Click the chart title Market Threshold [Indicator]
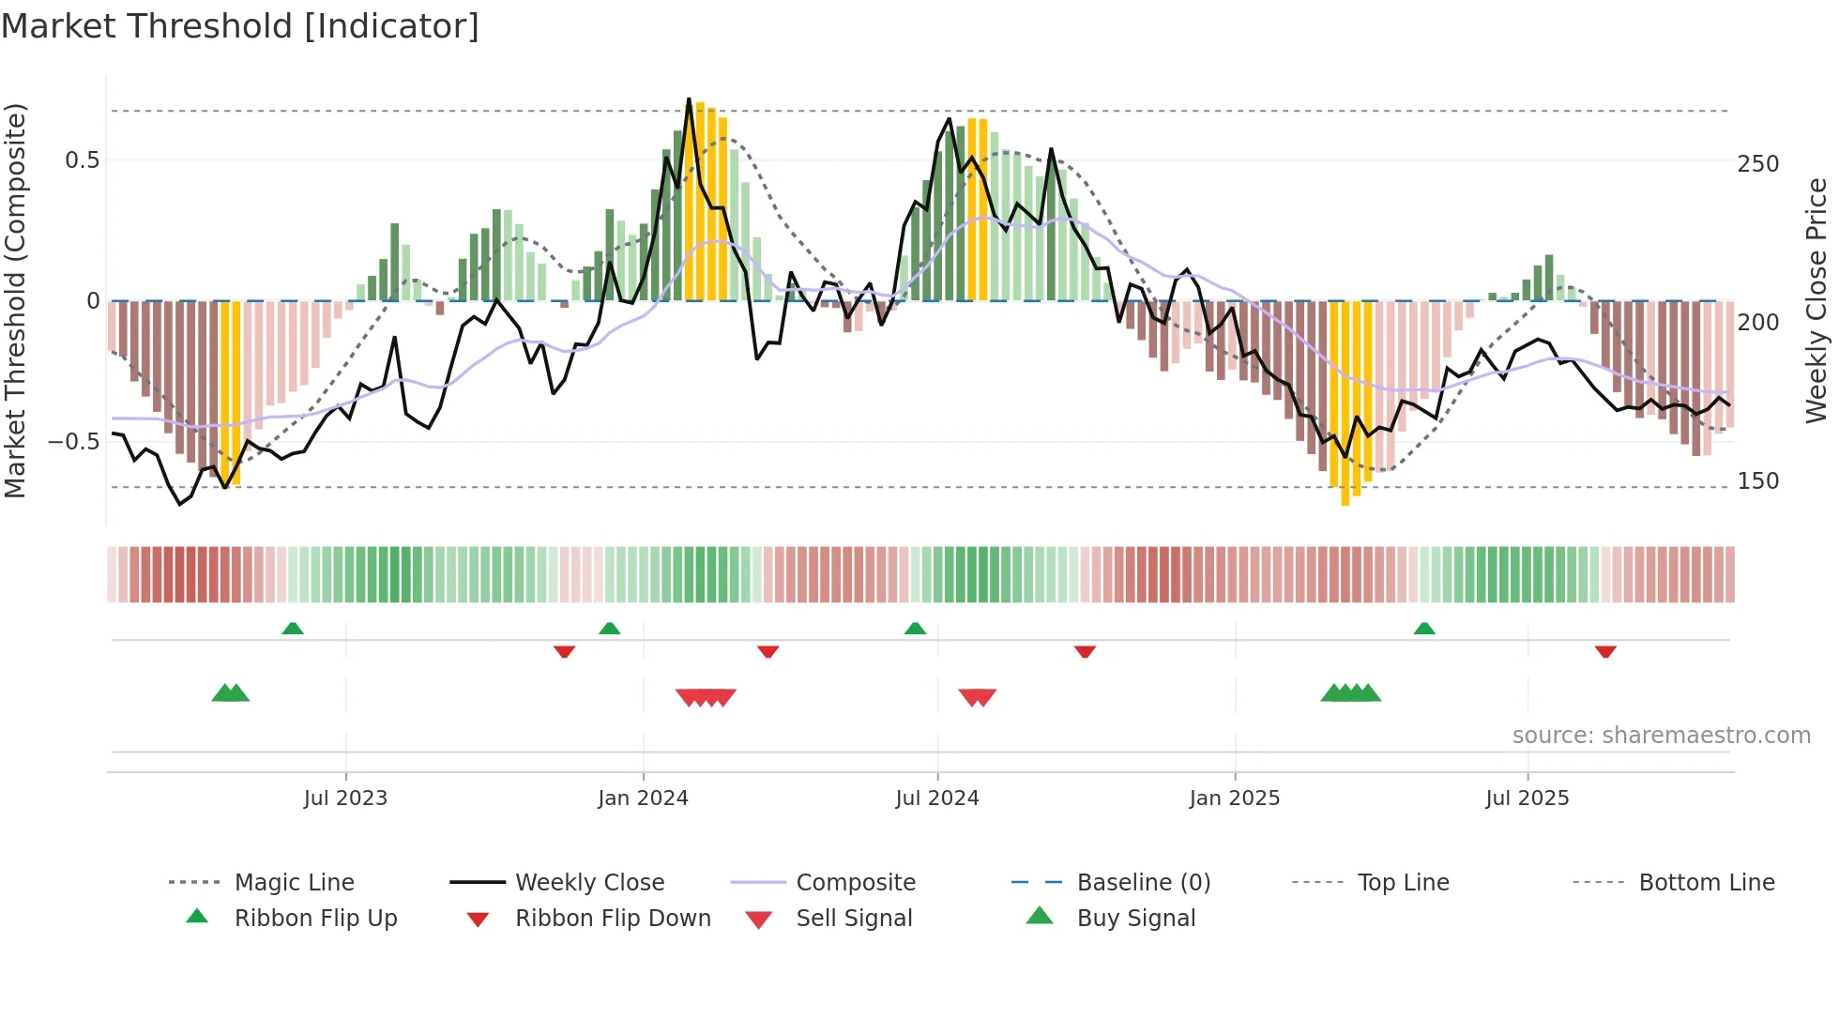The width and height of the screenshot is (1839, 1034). tap(240, 26)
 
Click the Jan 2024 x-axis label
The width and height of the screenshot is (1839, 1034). tap(643, 798)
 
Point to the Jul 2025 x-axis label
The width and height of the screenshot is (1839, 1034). tap(1527, 798)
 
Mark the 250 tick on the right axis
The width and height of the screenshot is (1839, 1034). tap(1757, 164)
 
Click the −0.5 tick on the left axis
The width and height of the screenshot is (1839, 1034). tap(73, 441)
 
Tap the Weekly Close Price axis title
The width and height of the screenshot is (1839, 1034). tap(1816, 300)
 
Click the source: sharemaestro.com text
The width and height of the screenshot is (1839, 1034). tap(1661, 736)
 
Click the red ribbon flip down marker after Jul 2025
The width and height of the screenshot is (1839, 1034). tap(1605, 651)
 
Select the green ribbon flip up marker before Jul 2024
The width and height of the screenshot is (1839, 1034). tap(915, 629)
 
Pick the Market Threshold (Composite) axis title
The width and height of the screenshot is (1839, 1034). tap(15, 300)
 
